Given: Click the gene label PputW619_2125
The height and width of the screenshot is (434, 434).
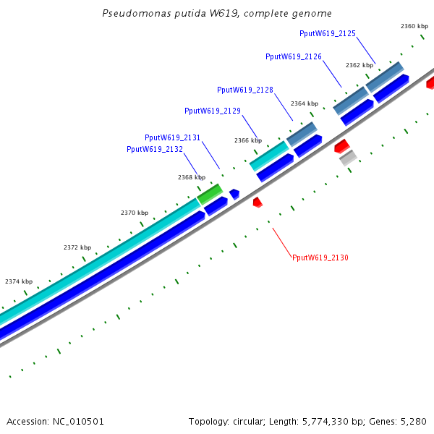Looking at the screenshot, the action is tap(328, 33).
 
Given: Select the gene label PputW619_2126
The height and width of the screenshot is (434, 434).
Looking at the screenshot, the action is tap(294, 56).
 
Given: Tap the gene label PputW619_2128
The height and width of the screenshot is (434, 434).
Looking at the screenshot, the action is tap(245, 90).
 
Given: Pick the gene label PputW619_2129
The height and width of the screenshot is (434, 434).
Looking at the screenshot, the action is tap(213, 111).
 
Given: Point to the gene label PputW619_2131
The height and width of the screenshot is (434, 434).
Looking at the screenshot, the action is tap(173, 137).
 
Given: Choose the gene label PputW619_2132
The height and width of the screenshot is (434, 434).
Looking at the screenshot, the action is tap(155, 149).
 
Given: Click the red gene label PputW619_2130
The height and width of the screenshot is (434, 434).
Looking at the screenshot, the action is tap(320, 258).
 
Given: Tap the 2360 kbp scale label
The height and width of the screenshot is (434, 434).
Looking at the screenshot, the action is tap(414, 26).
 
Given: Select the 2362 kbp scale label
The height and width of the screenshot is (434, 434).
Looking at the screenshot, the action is tap(359, 65).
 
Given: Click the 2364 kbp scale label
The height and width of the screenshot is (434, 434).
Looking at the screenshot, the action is tap(305, 103).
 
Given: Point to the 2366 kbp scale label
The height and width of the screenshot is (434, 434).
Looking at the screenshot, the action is tap(248, 140).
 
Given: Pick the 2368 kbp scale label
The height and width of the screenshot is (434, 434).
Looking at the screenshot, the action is tap(192, 177).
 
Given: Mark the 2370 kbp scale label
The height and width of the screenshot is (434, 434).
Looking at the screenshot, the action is tap(135, 213).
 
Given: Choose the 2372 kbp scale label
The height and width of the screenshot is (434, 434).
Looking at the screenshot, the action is tap(77, 247).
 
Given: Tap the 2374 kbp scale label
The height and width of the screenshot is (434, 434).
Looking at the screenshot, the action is tap(19, 281).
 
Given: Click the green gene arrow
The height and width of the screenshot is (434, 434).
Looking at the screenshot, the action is tap(210, 194).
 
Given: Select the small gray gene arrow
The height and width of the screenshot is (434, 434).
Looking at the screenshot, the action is tap(348, 157).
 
